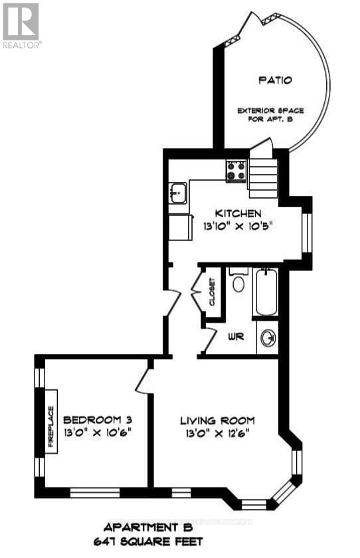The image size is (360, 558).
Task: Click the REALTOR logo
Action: tap(21, 25)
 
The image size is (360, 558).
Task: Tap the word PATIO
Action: tap(276, 80)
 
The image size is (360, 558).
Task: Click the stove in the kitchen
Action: tap(236, 170)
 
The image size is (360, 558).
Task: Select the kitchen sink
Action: tap(177, 193)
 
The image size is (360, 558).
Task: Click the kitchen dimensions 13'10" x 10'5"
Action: tap(239, 226)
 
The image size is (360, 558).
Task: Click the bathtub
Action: tap(266, 292)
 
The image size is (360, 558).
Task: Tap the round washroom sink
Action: tap(268, 338)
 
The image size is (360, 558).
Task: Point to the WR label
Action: tap(236, 337)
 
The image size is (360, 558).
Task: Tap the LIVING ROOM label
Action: tap(217, 420)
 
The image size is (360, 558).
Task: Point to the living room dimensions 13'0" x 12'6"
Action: tap(217, 434)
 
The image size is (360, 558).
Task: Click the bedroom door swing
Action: tap(143, 380)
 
